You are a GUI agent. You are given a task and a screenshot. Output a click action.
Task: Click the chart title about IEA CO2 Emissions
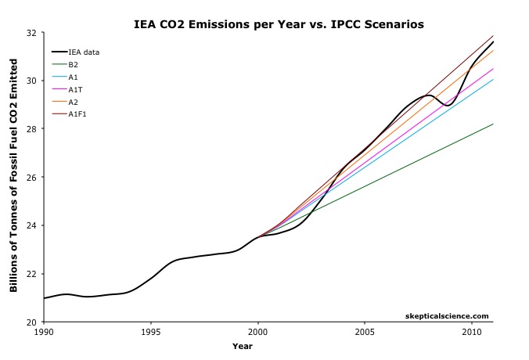[x=278, y=24]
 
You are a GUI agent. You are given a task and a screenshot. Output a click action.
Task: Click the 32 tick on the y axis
[x=31, y=33]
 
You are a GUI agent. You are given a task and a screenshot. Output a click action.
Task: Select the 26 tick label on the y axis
[x=31, y=178]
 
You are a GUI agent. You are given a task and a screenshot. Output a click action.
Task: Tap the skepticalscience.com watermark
[x=448, y=315]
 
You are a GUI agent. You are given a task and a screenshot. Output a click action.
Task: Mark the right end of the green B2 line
[x=493, y=124]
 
